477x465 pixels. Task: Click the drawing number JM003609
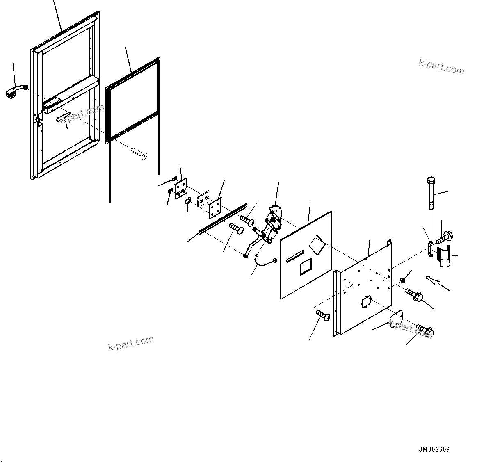434,449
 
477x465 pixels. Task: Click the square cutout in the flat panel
306,268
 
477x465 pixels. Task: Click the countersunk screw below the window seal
139,153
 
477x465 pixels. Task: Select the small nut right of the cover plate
402,280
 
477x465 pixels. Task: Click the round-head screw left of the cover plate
323,316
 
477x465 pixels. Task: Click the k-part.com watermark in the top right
441,66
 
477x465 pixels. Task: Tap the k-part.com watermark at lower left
131,343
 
